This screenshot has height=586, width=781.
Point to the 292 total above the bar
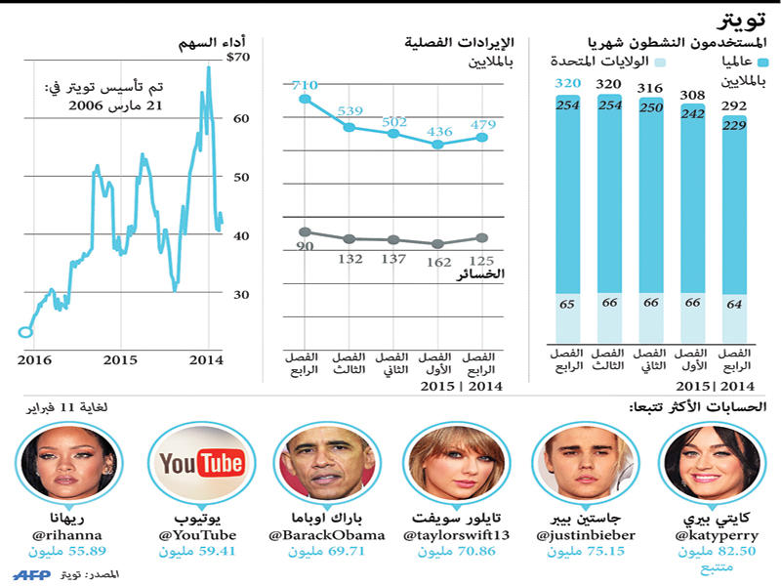[734, 106]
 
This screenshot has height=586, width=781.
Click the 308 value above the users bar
[692, 96]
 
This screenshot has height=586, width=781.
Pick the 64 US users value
[734, 304]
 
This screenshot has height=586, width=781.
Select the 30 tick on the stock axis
[239, 295]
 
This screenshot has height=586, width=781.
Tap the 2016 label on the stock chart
[33, 359]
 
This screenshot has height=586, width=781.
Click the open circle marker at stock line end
[25, 332]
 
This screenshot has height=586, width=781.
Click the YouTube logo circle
[202, 464]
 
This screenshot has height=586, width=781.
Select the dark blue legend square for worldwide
[762, 62]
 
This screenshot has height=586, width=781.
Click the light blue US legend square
[661, 62]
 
